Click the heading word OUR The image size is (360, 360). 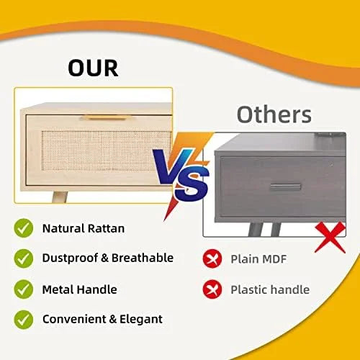93,68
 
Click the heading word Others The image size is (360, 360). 274,114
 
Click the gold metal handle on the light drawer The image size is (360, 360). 106,118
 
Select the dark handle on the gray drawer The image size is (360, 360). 286,187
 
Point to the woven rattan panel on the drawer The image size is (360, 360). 106,150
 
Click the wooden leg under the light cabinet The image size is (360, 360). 60,197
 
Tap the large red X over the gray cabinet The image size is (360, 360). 330,237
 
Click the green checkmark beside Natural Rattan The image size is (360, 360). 24,228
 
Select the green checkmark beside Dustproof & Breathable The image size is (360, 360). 24,258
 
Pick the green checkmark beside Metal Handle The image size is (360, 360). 24,289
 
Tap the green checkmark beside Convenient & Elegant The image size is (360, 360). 24,320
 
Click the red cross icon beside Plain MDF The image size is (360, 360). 212,258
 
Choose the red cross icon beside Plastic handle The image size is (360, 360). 212,289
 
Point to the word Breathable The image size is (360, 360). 143,258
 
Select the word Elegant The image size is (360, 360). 141,320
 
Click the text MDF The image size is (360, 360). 274,259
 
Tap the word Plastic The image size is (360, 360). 249,289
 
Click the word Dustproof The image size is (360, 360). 70,258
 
